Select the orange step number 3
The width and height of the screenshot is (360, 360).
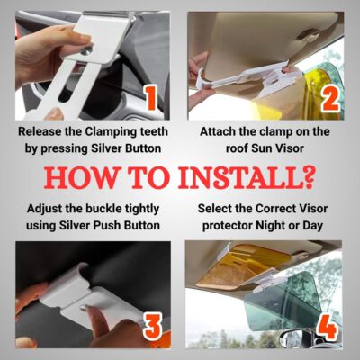pyautogui.click(x=153, y=327)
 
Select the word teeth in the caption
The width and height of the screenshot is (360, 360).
pyautogui.click(x=154, y=131)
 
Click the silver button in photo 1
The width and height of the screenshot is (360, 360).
pyautogui.click(x=87, y=49)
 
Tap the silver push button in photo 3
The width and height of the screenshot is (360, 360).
pyautogui.click(x=85, y=307)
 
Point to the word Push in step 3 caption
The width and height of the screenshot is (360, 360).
pyautogui.click(x=104, y=226)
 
